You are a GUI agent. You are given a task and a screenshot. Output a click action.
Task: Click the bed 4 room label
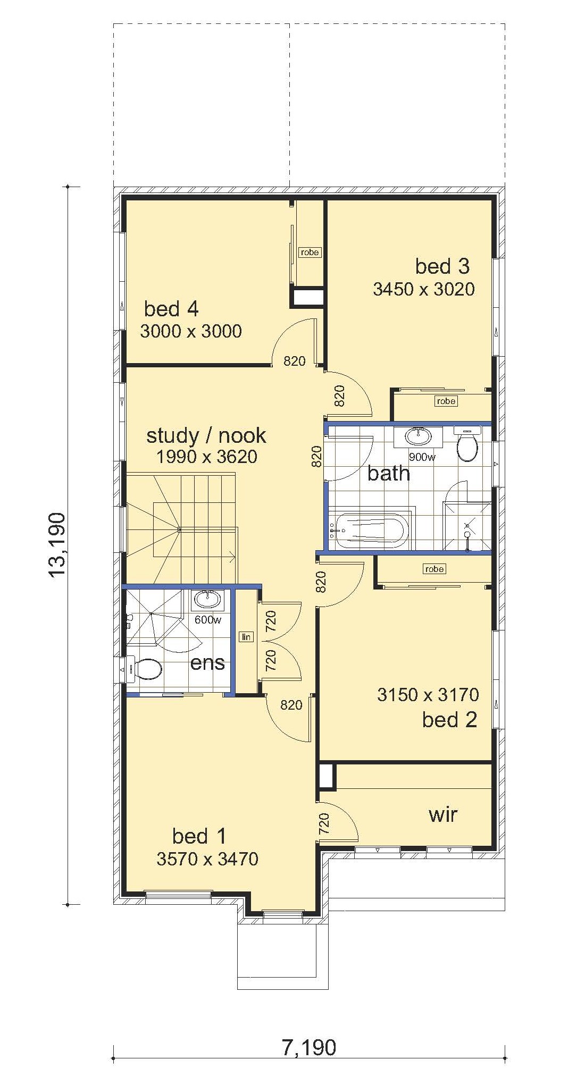[x=171, y=308]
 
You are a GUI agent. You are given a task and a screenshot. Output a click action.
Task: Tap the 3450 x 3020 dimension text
[x=424, y=289]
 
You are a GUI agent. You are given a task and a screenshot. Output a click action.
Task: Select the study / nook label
[x=206, y=435]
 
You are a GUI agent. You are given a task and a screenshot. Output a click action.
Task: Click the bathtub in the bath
[x=368, y=529]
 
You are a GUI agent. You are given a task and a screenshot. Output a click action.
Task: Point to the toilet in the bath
[x=467, y=445]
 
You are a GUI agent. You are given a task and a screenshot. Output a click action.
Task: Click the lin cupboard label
[x=246, y=637]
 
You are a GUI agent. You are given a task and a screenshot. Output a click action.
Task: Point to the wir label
[x=443, y=814]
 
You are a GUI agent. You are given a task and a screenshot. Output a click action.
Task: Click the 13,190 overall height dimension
[x=56, y=544]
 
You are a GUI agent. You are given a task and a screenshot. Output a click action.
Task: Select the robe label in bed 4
[x=310, y=252]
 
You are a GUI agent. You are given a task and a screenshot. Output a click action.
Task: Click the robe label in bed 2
[x=434, y=569]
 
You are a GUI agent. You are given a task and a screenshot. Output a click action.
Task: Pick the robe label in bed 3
[x=446, y=401]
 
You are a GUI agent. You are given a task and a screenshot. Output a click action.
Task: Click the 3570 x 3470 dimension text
[x=207, y=859]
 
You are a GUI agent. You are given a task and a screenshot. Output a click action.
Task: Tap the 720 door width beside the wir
[x=323, y=823]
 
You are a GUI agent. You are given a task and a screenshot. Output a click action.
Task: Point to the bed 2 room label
[x=450, y=720]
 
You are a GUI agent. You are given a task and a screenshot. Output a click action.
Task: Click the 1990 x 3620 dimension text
[x=207, y=457]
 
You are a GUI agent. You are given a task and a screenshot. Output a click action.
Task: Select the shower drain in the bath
[x=467, y=534]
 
